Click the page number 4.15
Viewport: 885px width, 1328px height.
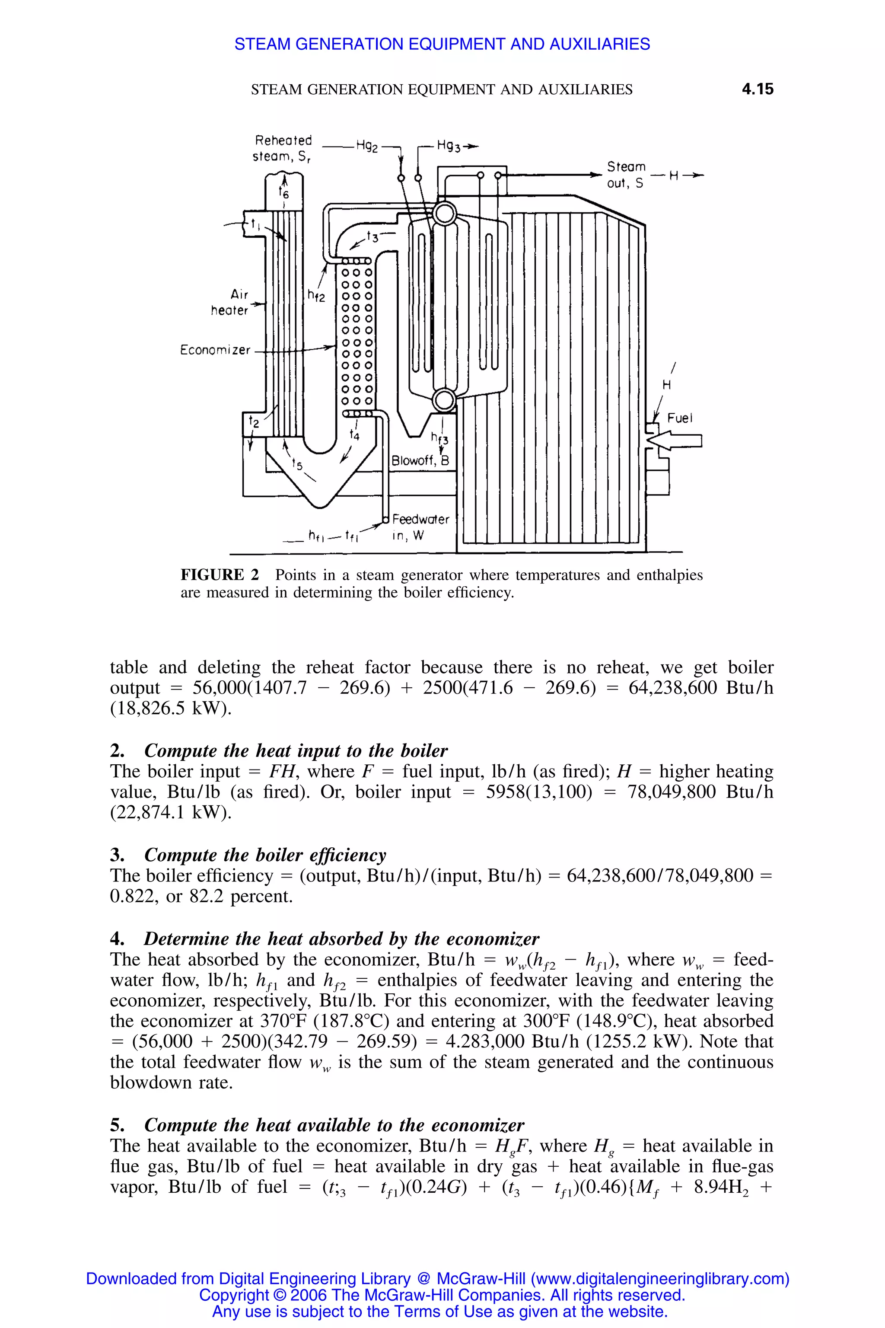(758, 89)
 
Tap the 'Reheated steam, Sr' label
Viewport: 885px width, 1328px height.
(282, 148)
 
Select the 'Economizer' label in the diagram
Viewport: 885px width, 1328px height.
(215, 350)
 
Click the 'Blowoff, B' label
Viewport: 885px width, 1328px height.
(420, 461)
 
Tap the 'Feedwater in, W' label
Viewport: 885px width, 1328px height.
(420, 527)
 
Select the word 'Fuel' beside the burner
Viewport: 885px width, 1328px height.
(680, 418)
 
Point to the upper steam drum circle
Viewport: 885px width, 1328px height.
(445, 214)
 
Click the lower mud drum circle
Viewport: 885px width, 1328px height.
(445, 400)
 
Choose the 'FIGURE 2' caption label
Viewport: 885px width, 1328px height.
(220, 575)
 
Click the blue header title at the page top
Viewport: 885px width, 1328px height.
(442, 44)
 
